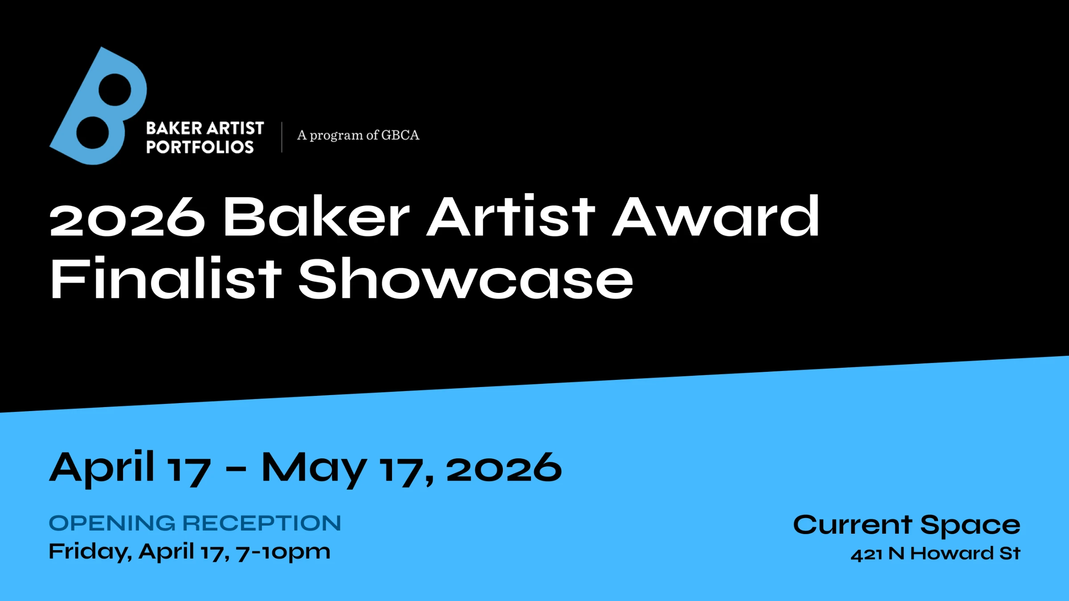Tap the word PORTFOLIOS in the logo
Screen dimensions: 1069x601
point(200,147)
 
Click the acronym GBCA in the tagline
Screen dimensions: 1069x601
point(400,135)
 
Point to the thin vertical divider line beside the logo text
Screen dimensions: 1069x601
point(282,137)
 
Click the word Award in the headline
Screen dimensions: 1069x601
point(715,216)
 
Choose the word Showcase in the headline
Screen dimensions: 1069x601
point(466,279)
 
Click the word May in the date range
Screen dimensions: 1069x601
point(314,469)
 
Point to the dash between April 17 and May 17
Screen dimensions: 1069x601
point(236,469)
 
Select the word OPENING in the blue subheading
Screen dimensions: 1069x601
point(112,523)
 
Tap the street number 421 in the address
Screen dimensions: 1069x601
point(866,554)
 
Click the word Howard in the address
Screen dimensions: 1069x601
point(952,553)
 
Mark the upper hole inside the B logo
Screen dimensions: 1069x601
point(115,90)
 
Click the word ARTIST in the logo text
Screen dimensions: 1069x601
point(236,128)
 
